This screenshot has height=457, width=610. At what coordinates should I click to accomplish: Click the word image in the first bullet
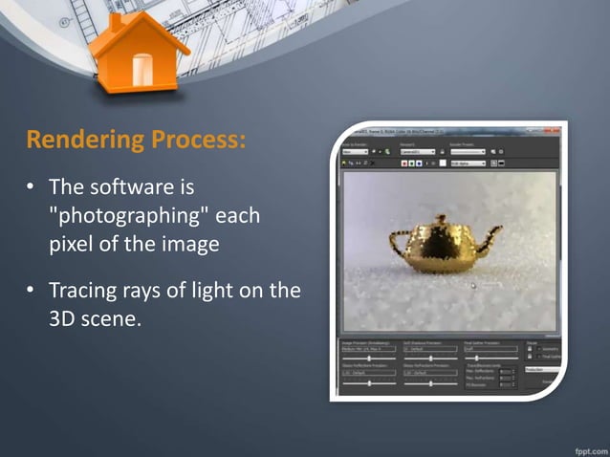pyautogui.click(x=190, y=244)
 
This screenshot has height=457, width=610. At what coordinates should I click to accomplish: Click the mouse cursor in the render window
pyautogui.click(x=472, y=285)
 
